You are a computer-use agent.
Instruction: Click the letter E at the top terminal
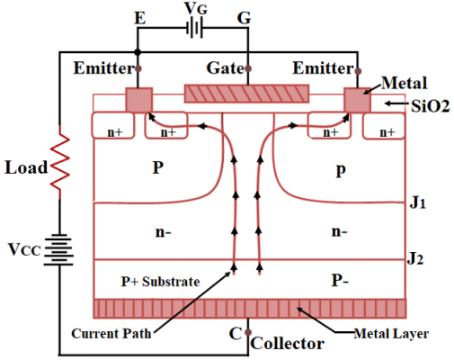[139, 16]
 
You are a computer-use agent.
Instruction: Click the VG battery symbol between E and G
[191, 27]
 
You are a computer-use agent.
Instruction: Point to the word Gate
[224, 68]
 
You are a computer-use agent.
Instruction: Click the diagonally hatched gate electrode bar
[246, 94]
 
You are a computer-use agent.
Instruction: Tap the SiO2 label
[426, 106]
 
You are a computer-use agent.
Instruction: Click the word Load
[24, 167]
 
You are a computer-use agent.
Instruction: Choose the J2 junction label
[415, 260]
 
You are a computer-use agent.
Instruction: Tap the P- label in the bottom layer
[339, 281]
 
